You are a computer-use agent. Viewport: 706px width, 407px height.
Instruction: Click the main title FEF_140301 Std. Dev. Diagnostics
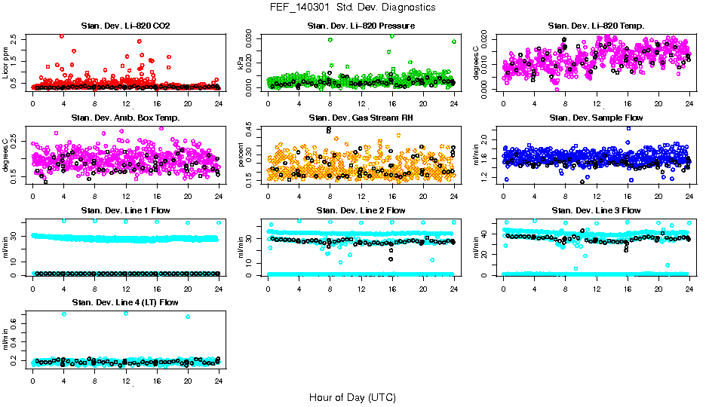point(352,8)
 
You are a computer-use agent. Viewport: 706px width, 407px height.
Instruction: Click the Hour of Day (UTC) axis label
point(352,396)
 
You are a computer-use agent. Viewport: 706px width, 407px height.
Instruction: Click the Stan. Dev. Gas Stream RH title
point(361,118)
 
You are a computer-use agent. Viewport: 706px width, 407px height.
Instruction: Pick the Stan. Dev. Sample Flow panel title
point(596,118)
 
